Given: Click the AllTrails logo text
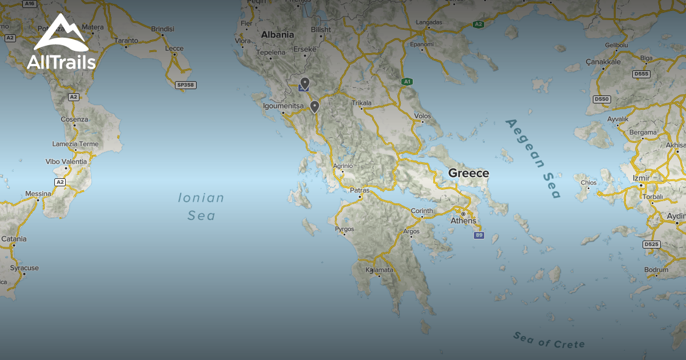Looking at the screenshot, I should tap(61, 62).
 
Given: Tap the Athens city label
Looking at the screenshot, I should tap(463, 221).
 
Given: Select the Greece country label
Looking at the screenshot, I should tap(468, 173).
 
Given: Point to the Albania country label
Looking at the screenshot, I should tap(277, 35).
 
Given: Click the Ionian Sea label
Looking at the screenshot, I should tap(201, 206).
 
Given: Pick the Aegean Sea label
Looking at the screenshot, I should tap(533, 158).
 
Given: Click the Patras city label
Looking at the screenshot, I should tap(360, 190).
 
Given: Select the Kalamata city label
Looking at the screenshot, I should tap(380, 270).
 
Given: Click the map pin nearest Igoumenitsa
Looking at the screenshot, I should tap(314, 106).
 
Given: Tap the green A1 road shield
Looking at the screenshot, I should tap(406, 82).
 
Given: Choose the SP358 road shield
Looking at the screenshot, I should tap(185, 85).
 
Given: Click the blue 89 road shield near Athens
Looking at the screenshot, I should tap(478, 235).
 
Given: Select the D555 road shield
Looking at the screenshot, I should tap(641, 74).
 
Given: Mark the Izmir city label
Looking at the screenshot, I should tap(641, 178).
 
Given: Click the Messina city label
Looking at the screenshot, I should tap(38, 194).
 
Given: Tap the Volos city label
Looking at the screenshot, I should tap(422, 116).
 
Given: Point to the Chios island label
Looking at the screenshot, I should tap(588, 183).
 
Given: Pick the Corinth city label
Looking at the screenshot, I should tap(422, 211).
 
